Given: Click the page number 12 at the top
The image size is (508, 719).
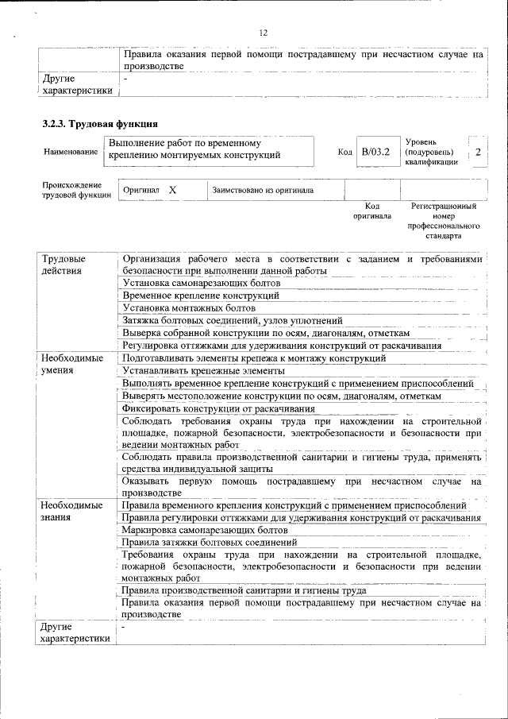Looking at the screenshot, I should click(x=264, y=33).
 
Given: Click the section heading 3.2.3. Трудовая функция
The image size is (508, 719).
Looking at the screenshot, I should click(x=99, y=124).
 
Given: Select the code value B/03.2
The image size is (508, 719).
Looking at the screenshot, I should click(x=375, y=151).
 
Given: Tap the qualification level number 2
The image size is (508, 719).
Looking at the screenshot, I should click(x=478, y=152).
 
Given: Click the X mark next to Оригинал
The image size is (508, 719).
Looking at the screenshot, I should click(x=172, y=191).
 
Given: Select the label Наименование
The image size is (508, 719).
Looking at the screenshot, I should click(x=71, y=152).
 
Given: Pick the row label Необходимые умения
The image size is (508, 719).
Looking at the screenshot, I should click(x=71, y=365).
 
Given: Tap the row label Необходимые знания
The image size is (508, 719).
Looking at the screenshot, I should click(x=71, y=511).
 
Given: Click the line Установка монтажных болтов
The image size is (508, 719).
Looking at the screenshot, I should click(x=188, y=307).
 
